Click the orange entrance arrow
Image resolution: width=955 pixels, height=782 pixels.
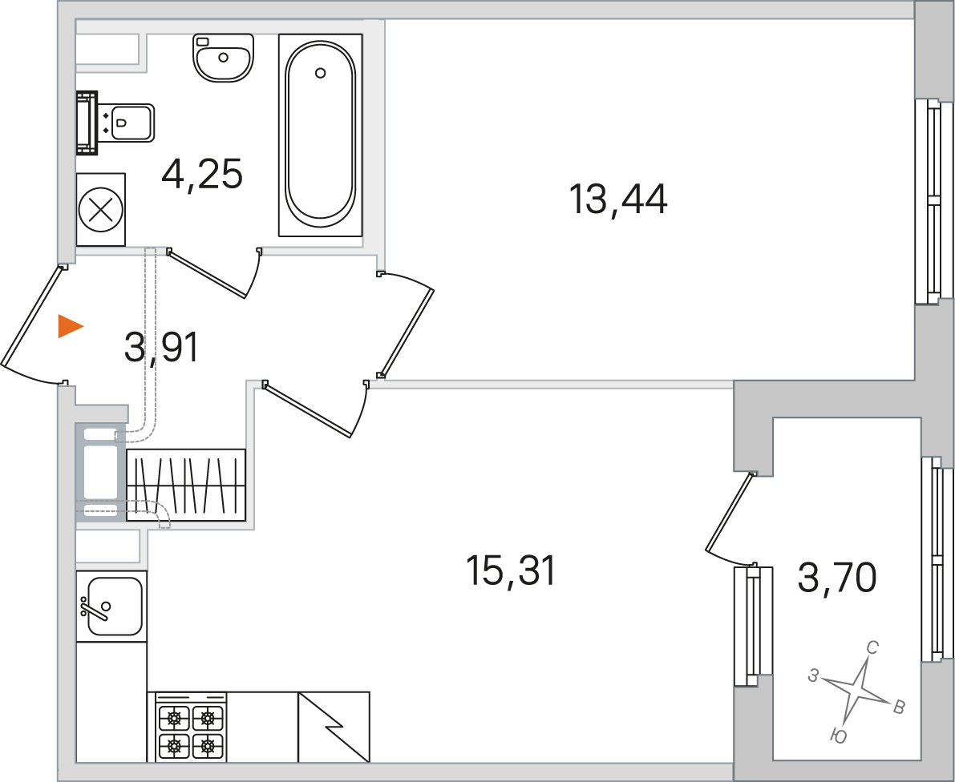point(70,326)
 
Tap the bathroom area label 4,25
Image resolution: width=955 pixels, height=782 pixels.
point(202,175)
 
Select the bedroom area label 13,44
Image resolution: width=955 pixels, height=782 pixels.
point(617,200)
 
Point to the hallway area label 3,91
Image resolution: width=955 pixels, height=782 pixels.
point(161,349)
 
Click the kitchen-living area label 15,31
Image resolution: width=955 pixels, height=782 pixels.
point(511,571)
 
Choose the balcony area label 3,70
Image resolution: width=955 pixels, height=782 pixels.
point(837,578)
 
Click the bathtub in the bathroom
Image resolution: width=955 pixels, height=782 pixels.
point(321,135)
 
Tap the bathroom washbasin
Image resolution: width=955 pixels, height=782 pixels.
point(223,57)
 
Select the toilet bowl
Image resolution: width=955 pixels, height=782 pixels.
point(115,123)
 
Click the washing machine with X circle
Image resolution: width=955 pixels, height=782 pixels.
point(101,210)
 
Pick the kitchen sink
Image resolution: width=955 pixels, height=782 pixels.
point(111,606)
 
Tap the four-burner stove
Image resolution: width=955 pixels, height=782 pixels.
point(191,727)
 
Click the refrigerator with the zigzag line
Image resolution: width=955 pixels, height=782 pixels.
point(334,727)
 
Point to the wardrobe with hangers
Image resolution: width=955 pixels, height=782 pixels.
point(186,485)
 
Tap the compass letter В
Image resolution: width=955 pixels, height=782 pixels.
point(898,707)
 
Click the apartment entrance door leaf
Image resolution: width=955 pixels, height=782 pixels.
point(31,316)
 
